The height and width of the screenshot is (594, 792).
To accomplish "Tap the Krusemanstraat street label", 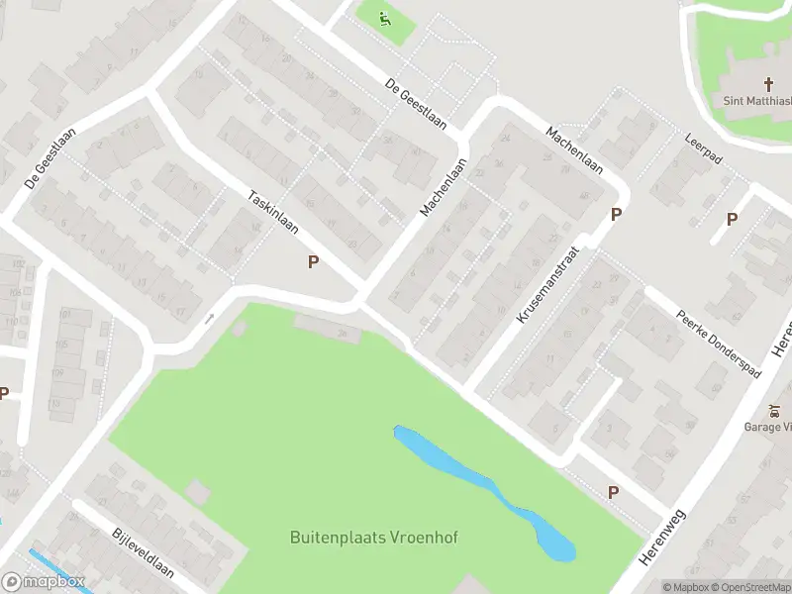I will coord(546,287).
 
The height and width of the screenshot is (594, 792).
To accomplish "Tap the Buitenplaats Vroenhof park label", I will coord(374,539).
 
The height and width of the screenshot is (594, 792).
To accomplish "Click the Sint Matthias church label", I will coord(757,100).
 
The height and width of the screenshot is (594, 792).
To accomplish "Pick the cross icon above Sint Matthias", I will coord(768,83).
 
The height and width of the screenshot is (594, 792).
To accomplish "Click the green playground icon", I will coord(385,17).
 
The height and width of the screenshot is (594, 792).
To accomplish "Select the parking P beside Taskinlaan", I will coord(314,262).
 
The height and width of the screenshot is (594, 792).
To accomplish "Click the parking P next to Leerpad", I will coord(732,220).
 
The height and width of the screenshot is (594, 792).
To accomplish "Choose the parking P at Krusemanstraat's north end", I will coord(616,214).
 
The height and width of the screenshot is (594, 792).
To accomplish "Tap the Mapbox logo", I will coord(44,582).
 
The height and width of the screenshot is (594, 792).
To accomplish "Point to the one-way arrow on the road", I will coord(209,319).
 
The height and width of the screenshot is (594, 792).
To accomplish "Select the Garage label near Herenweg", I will coord(768,427).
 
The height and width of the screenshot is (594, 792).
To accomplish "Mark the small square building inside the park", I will coord(198,491).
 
